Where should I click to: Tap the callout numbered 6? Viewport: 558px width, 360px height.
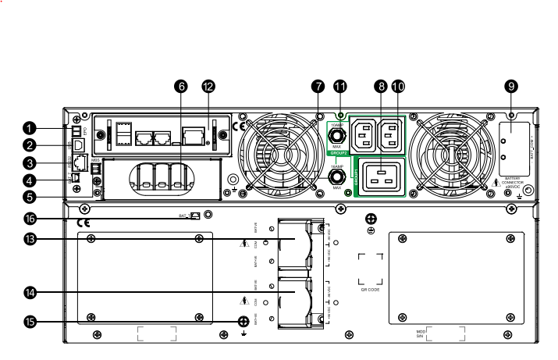pos(182,87)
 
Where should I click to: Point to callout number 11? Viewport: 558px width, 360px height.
pos(339,87)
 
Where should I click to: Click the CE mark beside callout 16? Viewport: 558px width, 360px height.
pos(84,223)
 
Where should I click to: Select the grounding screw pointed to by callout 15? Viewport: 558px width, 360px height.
pos(243,320)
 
